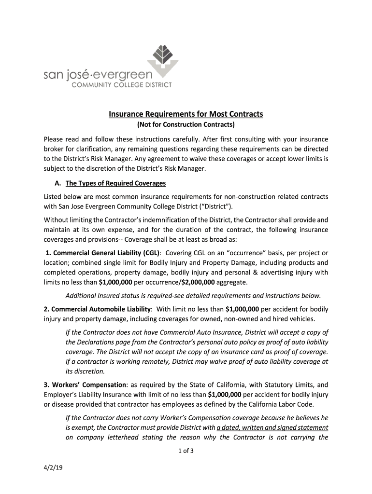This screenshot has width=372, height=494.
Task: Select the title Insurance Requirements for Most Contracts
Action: (186, 114)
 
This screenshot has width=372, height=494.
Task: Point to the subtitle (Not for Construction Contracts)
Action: (186, 125)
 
